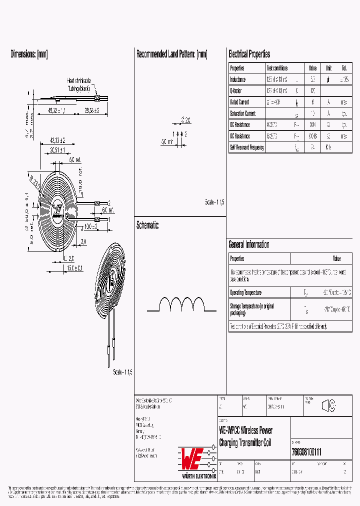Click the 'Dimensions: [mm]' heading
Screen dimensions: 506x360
point(29,54)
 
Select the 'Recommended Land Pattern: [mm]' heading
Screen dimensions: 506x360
point(171,54)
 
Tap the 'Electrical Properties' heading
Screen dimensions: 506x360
point(249,54)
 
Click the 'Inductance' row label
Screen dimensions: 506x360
point(238,79)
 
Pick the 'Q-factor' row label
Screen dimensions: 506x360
point(236,91)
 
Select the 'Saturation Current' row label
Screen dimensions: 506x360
point(242,113)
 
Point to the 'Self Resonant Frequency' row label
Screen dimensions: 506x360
point(247,147)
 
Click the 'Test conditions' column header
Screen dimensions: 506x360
point(277,68)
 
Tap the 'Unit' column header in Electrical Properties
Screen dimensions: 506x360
point(328,68)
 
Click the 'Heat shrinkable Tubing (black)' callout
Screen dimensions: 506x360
point(79,84)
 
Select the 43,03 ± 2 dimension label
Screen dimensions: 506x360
point(58,141)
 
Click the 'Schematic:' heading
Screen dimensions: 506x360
point(148,225)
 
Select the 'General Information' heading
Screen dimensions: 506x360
point(249,244)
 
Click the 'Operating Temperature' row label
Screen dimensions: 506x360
point(245,292)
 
